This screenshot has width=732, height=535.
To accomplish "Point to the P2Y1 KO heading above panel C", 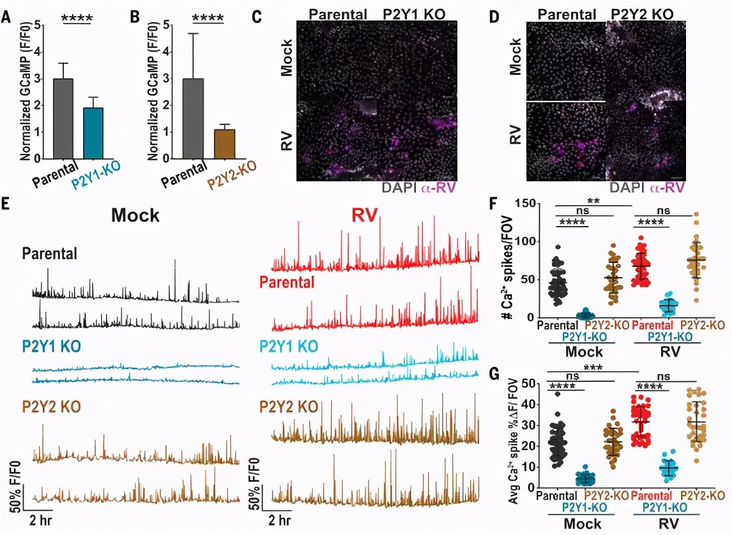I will pyautogui.click(x=415, y=14).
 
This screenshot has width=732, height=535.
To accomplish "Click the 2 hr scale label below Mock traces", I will pyautogui.click(x=42, y=519).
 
